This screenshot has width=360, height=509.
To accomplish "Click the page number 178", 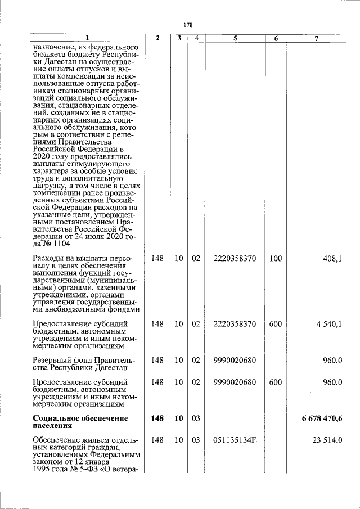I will (x=188, y=25).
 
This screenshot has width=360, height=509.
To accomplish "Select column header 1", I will (x=87, y=38).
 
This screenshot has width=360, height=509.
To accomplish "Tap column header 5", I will (x=235, y=38).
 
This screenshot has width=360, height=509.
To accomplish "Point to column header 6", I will (x=276, y=38).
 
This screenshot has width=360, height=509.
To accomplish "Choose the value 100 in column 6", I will (x=276, y=258).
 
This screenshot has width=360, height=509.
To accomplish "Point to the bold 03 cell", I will (x=196, y=418).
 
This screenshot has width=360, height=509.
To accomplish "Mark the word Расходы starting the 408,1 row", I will (x=49, y=258).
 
